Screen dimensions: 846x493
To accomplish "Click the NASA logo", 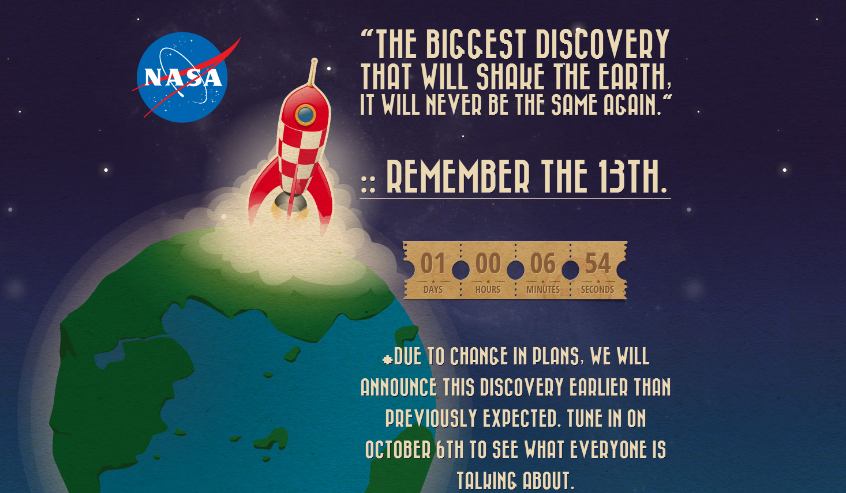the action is (183, 77).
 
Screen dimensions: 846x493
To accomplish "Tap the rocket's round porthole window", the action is (305, 114).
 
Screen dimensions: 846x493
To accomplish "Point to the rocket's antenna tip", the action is (315, 61).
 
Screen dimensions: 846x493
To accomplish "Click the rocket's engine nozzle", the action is (290, 203).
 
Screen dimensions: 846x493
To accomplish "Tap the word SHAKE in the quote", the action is (510, 77).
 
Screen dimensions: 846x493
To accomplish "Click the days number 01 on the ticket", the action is (433, 263).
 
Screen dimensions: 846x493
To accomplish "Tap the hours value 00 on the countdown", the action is (488, 263).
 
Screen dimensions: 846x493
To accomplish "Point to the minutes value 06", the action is (543, 263).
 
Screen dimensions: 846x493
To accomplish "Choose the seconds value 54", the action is (598, 263).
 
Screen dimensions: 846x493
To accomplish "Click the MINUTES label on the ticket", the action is (543, 289).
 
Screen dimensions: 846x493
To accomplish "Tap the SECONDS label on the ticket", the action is (597, 289).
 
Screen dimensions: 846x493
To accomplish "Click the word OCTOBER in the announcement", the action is (398, 449).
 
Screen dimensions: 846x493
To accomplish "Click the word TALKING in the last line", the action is (486, 480).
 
